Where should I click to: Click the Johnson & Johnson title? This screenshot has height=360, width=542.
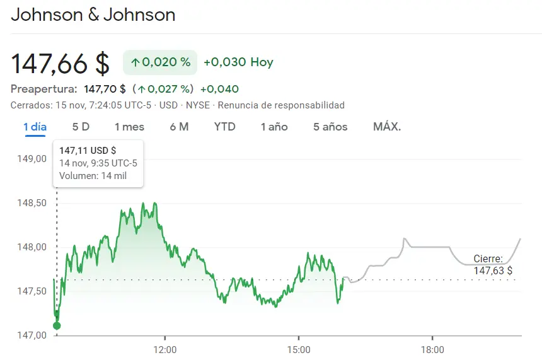[93, 15]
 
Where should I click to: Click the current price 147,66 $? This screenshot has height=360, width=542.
[61, 63]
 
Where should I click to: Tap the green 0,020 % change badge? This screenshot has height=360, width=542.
[160, 62]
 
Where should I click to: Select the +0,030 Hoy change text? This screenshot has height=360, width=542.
[238, 62]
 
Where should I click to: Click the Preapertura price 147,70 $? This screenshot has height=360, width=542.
[105, 89]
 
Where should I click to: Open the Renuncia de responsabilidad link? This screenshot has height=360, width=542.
[281, 105]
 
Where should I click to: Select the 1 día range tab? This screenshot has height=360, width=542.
[35, 127]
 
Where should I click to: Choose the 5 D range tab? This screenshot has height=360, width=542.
[81, 127]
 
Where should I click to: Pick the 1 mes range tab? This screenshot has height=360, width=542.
[129, 127]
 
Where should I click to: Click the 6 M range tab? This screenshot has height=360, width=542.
[179, 127]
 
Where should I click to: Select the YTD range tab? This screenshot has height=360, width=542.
[224, 127]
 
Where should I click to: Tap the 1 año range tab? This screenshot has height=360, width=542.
[274, 127]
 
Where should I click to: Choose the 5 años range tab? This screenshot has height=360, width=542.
[330, 127]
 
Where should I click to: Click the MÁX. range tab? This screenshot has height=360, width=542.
[387, 127]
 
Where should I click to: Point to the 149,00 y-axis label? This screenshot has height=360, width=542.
[32, 158]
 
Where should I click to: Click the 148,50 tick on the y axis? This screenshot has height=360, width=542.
[32, 203]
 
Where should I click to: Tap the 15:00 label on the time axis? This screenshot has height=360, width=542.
[299, 349]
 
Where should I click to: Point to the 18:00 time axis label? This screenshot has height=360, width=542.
[432, 349]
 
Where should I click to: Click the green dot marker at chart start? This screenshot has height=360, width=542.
[57, 325]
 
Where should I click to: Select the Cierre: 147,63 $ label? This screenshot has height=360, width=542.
[492, 265]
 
